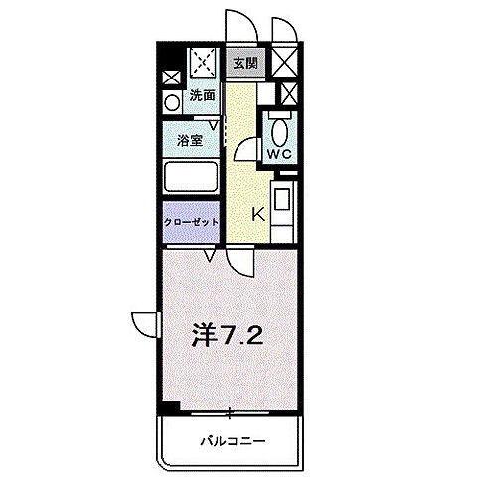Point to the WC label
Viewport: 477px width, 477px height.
(x=278, y=153)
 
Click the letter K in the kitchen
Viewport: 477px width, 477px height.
(x=256, y=213)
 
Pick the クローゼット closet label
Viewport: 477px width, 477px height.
(x=191, y=223)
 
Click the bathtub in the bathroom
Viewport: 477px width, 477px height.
(x=191, y=180)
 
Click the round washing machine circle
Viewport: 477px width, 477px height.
(x=171, y=101)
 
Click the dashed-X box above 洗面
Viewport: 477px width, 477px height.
(x=206, y=65)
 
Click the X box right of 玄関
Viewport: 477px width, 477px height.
(x=284, y=63)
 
